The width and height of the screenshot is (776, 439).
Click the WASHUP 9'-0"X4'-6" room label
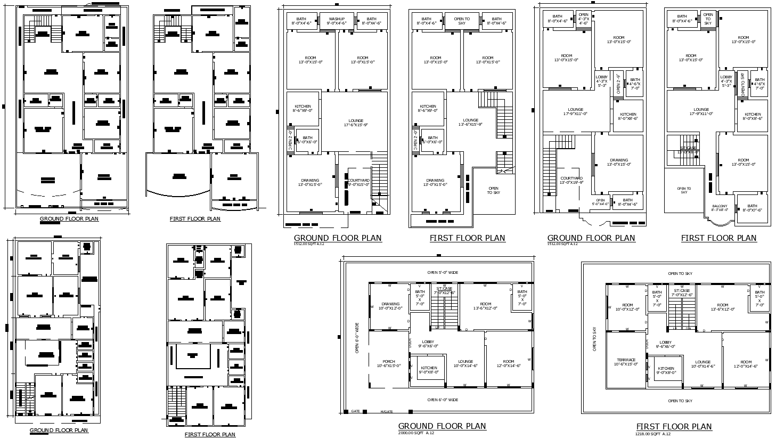pos(337,21)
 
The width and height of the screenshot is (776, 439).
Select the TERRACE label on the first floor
pos(625,362)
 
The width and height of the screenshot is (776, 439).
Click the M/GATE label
pos(386,411)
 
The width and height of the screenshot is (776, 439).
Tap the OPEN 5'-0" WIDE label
pos(442,273)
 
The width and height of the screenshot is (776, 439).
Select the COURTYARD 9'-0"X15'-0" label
pos(358,182)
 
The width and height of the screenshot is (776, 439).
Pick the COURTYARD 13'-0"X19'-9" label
pos(571,180)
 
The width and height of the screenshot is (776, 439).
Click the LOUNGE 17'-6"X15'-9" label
pos(355,123)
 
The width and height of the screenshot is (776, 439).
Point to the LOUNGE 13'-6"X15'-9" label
pos(471,122)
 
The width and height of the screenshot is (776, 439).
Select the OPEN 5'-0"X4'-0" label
pos(601,202)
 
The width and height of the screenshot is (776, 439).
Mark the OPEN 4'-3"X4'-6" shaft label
pos(583,19)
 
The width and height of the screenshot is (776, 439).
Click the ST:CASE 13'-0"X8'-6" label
pos(688,150)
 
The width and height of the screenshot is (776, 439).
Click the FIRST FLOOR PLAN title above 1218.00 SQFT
pos(674,426)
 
